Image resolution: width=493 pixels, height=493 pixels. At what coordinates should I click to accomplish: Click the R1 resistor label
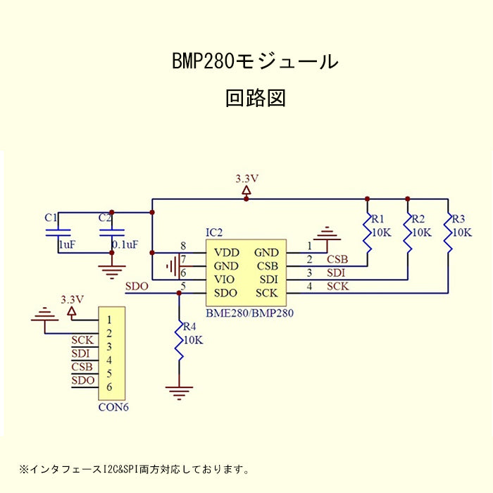click(x=377, y=219)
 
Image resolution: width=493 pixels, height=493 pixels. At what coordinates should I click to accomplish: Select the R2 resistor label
click(x=418, y=219)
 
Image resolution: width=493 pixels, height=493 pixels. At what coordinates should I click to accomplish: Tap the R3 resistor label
click(x=458, y=219)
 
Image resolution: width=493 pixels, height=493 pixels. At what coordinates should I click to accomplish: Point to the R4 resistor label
click(x=189, y=327)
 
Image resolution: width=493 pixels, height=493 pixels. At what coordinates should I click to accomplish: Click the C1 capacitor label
click(x=51, y=217)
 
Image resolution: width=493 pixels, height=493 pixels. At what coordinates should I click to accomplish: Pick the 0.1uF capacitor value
click(x=125, y=244)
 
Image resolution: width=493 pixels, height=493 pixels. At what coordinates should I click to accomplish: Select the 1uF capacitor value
click(x=68, y=244)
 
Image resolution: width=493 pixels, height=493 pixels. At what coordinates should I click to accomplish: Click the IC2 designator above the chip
click(x=214, y=232)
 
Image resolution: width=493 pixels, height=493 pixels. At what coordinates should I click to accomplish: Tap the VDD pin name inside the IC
click(x=227, y=252)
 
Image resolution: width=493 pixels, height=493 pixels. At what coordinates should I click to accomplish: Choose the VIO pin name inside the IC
click(x=224, y=279)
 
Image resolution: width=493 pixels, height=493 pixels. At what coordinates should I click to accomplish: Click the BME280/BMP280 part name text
click(x=249, y=313)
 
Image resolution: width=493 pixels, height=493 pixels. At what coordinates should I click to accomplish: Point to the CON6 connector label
click(x=113, y=407)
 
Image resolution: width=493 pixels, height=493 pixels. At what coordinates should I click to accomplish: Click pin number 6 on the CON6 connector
click(x=109, y=387)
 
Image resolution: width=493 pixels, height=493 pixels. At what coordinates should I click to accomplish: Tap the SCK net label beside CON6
click(x=82, y=340)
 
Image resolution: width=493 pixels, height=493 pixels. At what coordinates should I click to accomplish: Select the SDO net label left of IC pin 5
click(x=137, y=286)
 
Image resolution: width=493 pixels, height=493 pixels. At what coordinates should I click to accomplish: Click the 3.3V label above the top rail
click(x=247, y=179)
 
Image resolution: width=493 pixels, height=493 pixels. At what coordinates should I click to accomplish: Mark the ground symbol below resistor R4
click(x=179, y=393)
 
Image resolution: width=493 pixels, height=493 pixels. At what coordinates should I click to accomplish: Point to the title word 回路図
click(x=256, y=99)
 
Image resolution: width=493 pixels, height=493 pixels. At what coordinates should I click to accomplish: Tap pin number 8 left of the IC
click(x=183, y=245)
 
